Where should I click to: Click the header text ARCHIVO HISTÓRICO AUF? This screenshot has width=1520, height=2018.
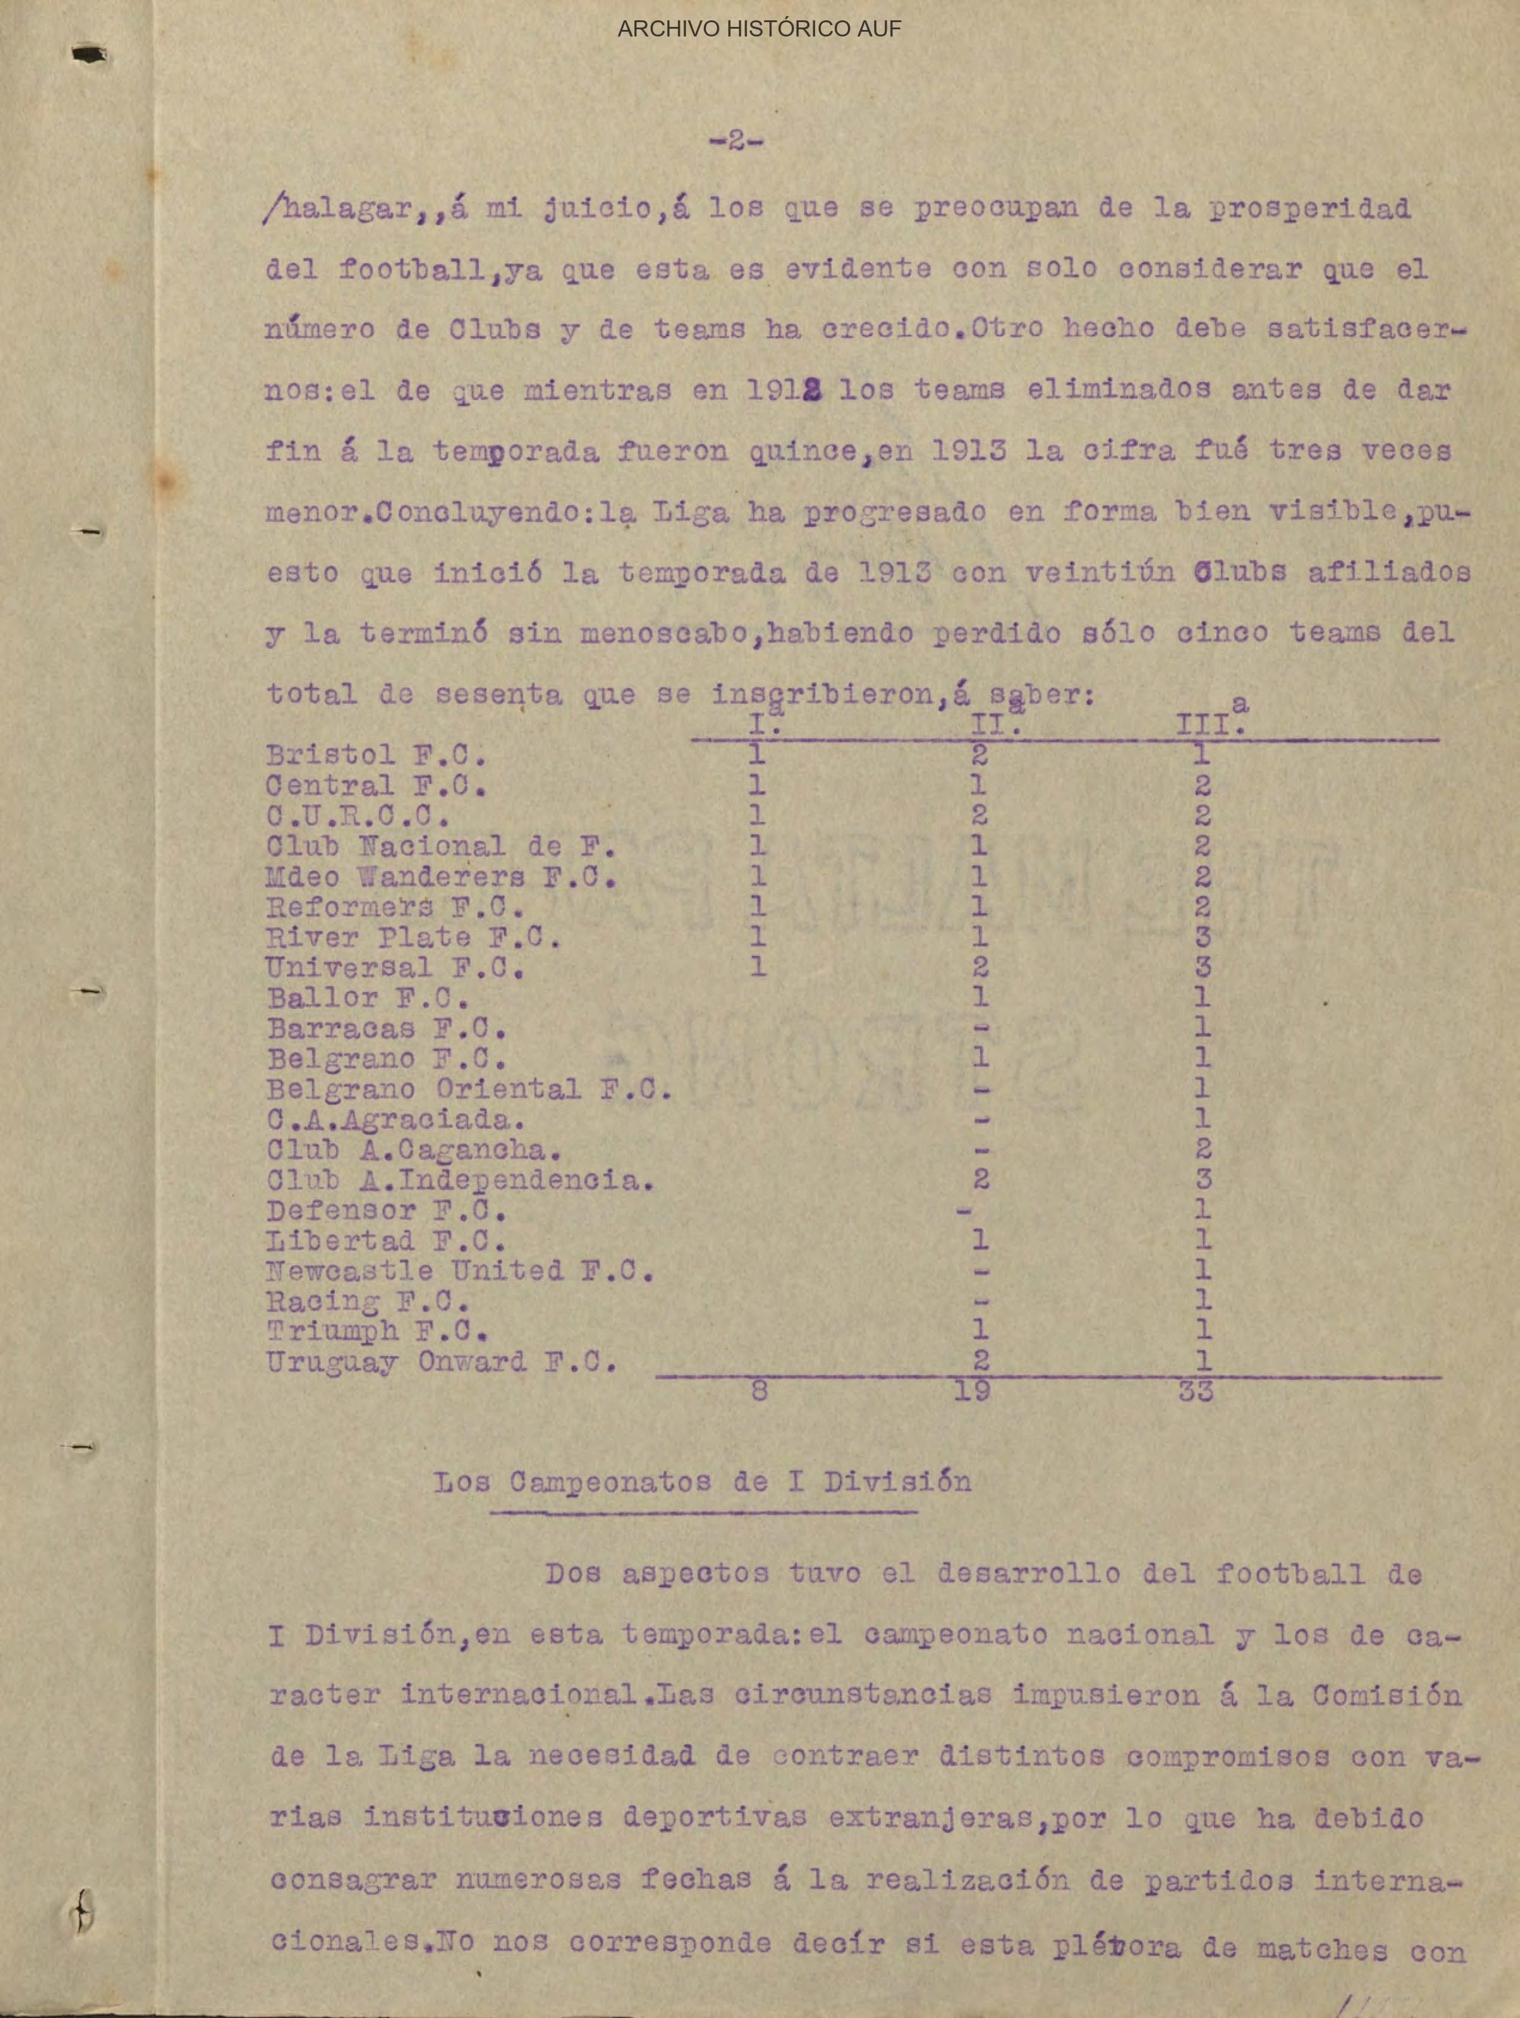(759, 28)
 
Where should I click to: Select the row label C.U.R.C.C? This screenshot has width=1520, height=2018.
(358, 816)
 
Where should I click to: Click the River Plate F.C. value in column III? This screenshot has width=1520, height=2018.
(1202, 937)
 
